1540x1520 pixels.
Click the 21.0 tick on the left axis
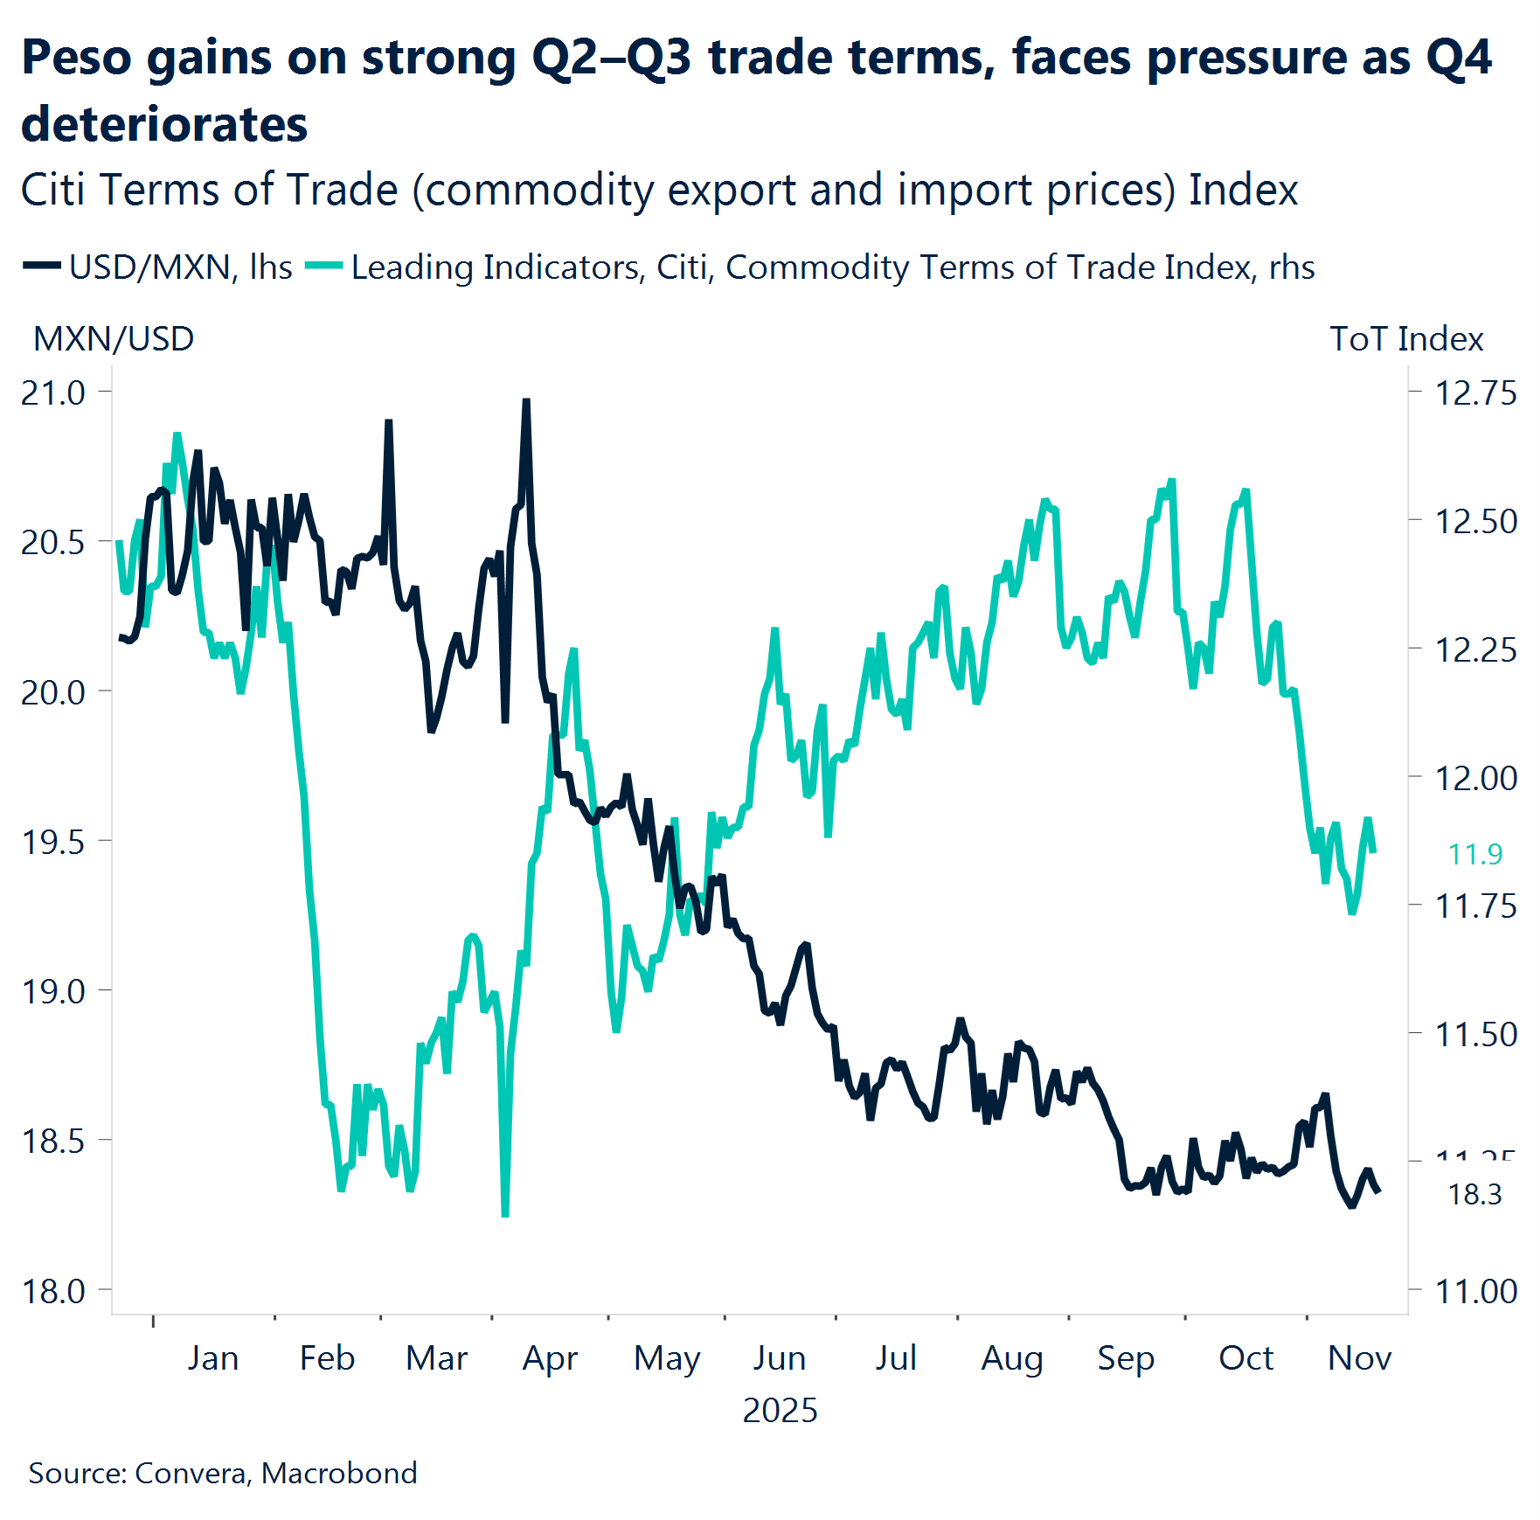(52, 392)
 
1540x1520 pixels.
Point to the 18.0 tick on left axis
(52, 1290)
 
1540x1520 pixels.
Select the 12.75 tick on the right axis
(1475, 392)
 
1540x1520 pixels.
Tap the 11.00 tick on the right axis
(1475, 1290)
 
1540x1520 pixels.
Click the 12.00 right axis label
(1475, 777)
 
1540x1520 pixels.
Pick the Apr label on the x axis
(550, 1358)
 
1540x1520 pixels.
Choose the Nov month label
(1359, 1358)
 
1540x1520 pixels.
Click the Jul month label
(896, 1358)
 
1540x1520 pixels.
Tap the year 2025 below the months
(780, 1411)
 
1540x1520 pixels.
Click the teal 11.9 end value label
(1475, 854)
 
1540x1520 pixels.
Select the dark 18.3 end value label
(1475, 1194)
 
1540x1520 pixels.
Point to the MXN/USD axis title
(114, 339)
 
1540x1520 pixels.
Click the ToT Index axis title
(1406, 339)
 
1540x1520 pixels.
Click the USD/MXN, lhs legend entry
(180, 267)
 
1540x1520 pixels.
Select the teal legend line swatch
(323, 266)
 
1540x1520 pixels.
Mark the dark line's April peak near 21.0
(526, 402)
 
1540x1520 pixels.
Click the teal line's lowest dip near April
(505, 1213)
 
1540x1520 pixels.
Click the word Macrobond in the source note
(339, 1473)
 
